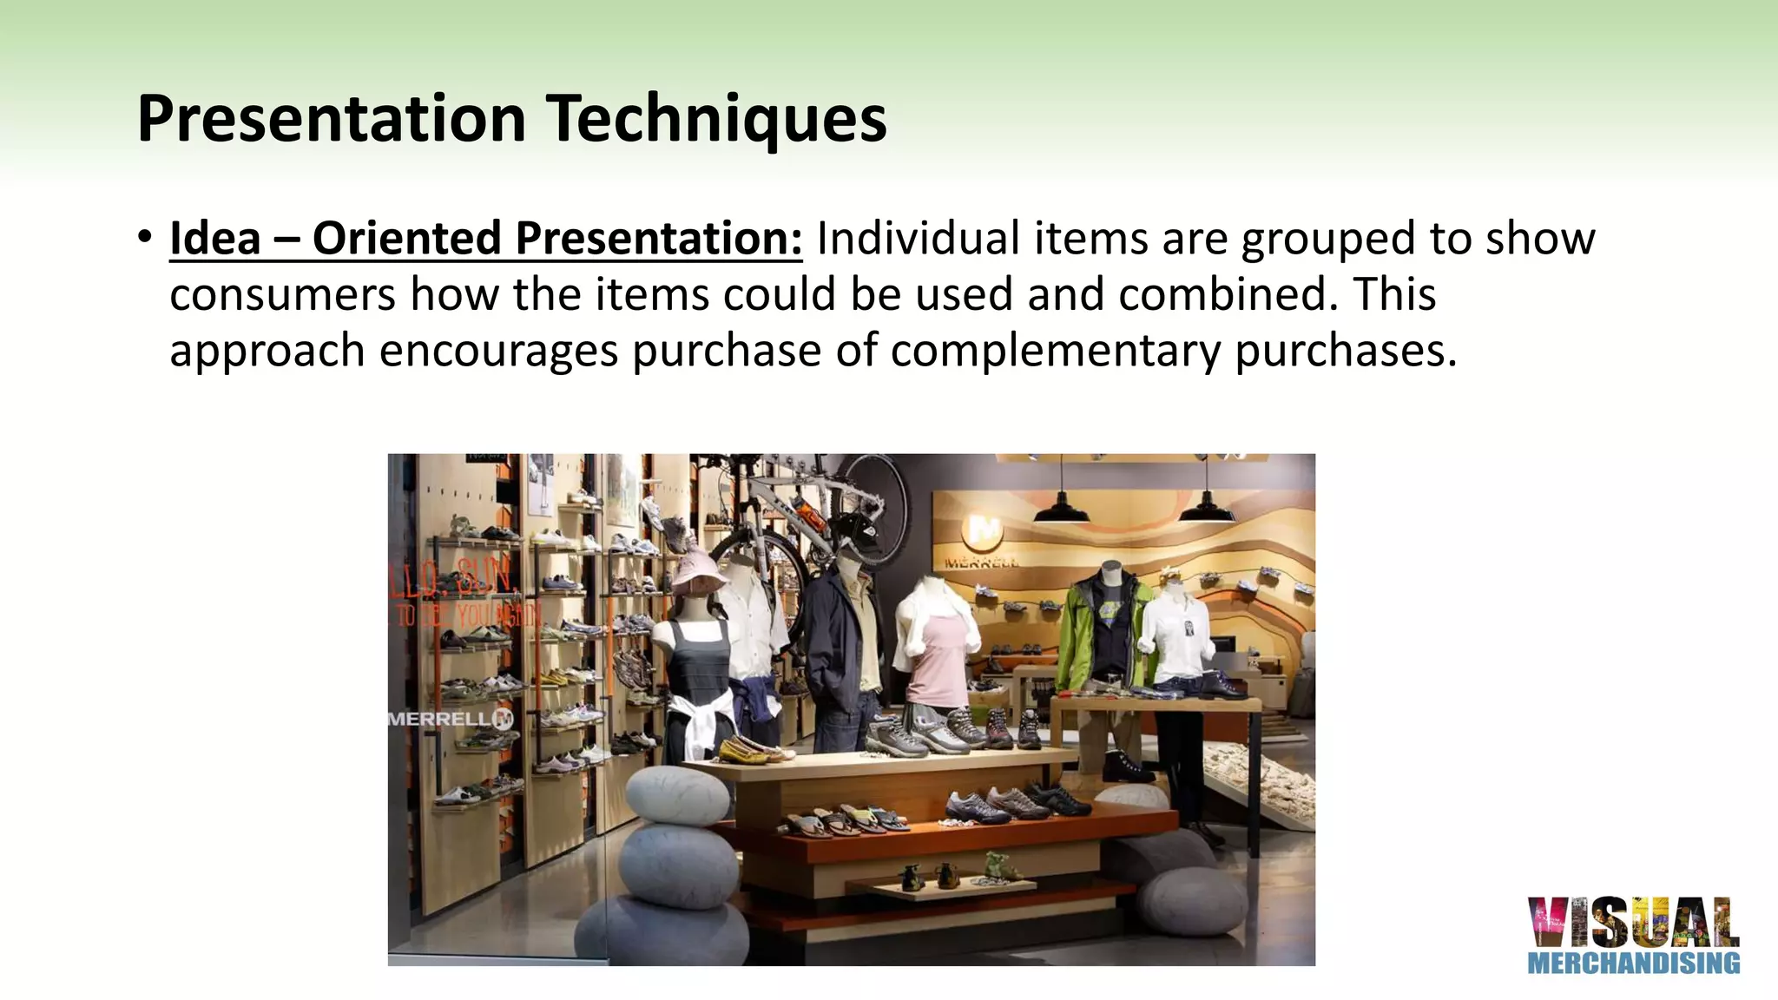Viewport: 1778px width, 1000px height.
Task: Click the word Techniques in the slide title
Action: tap(715, 119)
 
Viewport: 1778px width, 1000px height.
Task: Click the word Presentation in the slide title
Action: tap(332, 119)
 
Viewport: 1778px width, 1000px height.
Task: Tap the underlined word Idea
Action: tap(215, 239)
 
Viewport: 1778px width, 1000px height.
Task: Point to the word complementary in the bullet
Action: tap(1055, 352)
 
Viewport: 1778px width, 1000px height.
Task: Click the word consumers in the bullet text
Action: tap(283, 295)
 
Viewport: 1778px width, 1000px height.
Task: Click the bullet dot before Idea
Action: tap(145, 237)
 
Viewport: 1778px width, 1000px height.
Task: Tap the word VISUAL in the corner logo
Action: tap(1633, 922)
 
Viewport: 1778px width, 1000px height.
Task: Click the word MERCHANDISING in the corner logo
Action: tap(1633, 963)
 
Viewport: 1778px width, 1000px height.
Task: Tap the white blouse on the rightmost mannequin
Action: tap(1177, 638)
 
